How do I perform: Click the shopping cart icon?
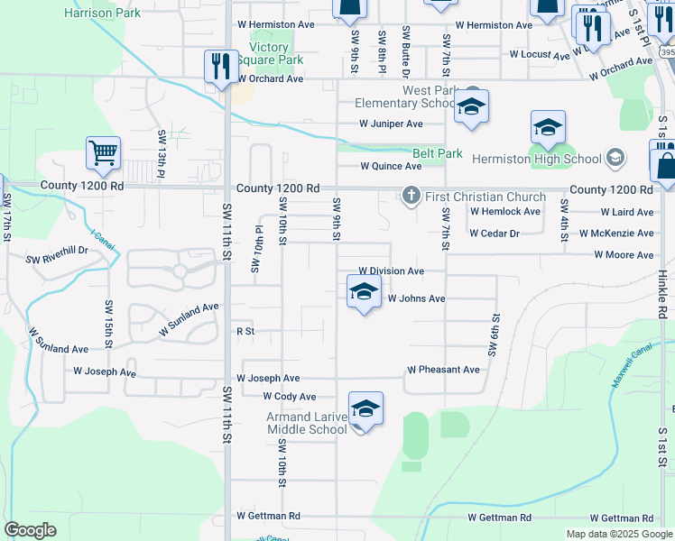[x=104, y=152]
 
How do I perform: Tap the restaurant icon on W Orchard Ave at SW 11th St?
[x=221, y=66]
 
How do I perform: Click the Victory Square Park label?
[x=269, y=54]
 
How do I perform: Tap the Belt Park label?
[x=438, y=153]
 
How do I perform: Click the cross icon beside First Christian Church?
[x=411, y=196]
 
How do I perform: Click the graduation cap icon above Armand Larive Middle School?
[x=365, y=408]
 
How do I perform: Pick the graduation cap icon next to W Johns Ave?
[x=363, y=291]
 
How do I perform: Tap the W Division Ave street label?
[x=391, y=270]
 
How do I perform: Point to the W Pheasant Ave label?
[x=443, y=370]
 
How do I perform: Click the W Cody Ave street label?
[x=289, y=397]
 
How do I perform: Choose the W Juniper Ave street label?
[x=391, y=124]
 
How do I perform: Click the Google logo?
[x=31, y=530]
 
